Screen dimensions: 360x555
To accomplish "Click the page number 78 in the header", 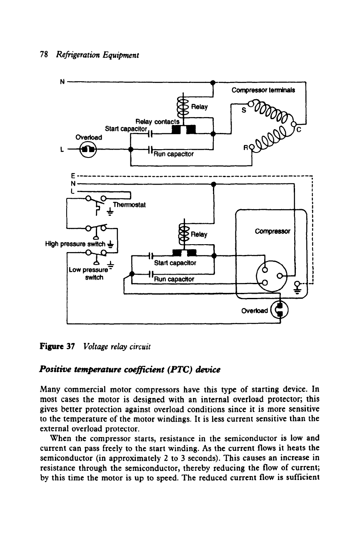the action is pos(44,55).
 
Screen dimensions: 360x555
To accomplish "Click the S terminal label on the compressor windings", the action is pos(244,110).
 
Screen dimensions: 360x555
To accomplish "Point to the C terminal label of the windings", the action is pos(299,129).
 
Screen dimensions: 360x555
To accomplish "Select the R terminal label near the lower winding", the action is pos(245,147).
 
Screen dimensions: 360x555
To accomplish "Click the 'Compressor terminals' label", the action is pos(263,90).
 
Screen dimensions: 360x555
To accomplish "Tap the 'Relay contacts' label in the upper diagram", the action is pos(157,122).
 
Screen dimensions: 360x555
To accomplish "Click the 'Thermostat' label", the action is pos(129,205).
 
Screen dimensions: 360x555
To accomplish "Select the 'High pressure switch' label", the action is pos(75,244).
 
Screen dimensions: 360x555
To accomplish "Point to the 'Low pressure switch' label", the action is pos(89,273).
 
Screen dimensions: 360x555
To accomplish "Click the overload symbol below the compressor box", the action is pos(280,310).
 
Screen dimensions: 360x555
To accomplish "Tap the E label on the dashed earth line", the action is pos(73,176).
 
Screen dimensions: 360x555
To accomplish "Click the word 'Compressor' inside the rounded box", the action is pos(272,231).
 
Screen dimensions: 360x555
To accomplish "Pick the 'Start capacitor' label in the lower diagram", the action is pos(175,262).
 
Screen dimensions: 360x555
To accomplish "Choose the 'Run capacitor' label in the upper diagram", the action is pos(173,154).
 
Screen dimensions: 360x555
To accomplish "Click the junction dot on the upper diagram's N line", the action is pos(212,82).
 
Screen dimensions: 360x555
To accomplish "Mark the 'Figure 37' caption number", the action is pos(57,346).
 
